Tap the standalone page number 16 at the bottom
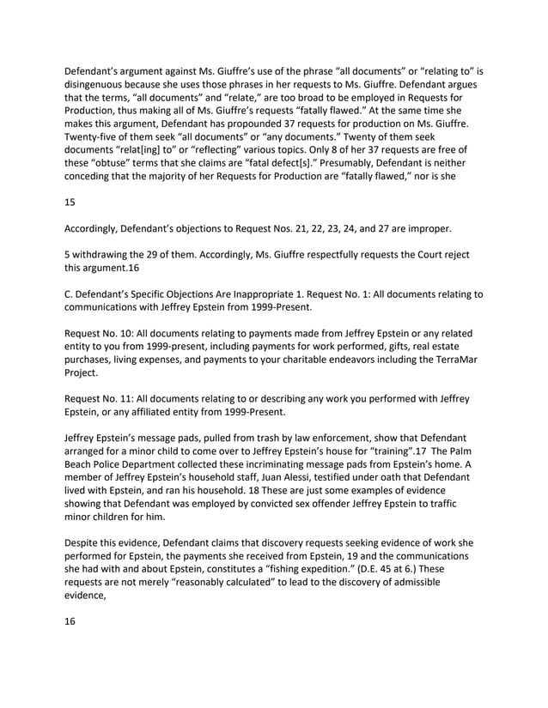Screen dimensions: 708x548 click(x=71, y=621)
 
